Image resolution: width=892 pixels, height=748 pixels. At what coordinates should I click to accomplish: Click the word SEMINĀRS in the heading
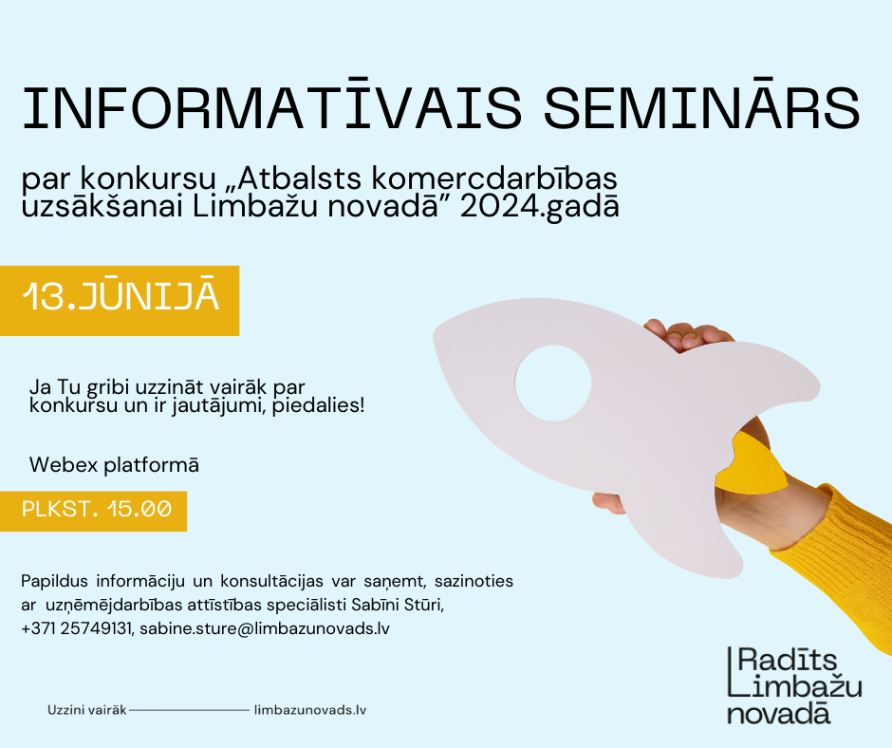[702, 106]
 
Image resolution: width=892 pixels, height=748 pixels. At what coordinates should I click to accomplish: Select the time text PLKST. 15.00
[97, 509]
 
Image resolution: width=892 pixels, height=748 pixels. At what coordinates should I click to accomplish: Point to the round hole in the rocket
[553, 383]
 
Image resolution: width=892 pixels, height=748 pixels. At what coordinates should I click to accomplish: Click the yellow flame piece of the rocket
[753, 462]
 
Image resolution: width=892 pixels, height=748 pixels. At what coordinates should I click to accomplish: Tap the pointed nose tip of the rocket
[436, 336]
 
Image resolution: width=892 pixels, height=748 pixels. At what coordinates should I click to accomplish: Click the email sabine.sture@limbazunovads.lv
[265, 628]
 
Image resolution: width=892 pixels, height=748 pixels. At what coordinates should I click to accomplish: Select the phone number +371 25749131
[76, 628]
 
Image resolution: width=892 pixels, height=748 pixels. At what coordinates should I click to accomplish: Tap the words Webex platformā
[114, 465]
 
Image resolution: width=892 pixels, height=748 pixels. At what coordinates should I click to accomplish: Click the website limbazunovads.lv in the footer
[310, 710]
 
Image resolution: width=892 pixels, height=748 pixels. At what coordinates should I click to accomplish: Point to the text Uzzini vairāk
[87, 710]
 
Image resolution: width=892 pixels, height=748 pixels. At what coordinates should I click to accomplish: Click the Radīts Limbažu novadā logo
[794, 684]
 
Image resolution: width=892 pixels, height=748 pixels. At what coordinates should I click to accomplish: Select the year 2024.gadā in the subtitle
[539, 207]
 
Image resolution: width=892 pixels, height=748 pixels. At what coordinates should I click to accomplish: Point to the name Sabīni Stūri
[398, 605]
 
